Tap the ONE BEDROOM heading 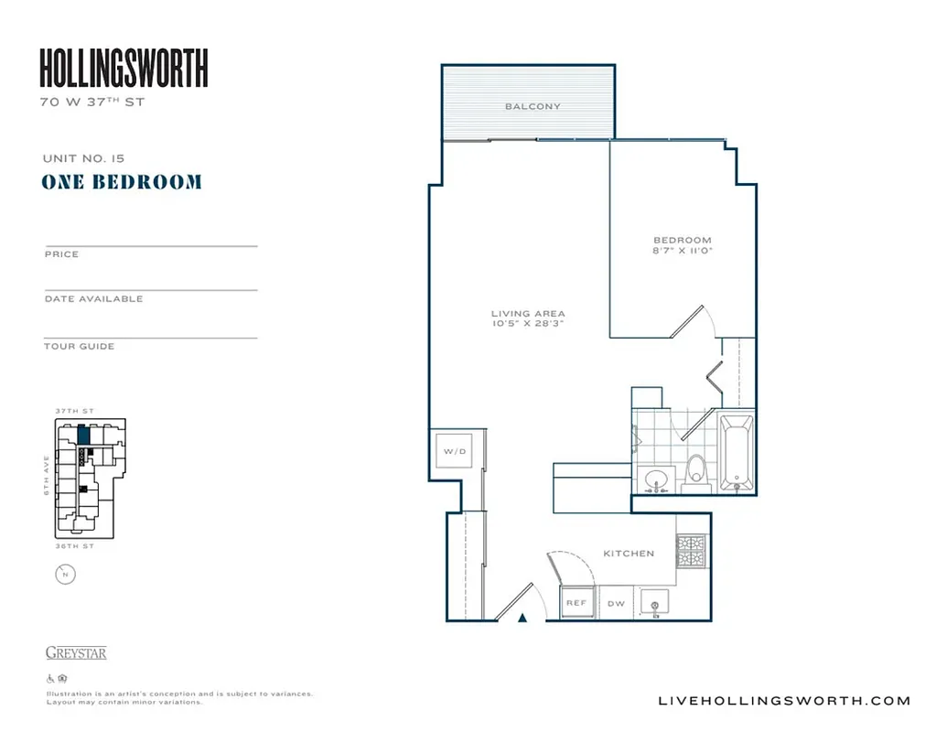pos(122,181)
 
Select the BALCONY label pos(533,106)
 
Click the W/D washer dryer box pos(455,451)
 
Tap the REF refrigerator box pos(576,603)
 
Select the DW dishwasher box pos(616,603)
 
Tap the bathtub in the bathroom pos(736,453)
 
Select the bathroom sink pos(656,479)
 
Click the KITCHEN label pos(629,554)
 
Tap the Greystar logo pos(76,653)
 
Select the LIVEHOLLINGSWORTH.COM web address pos(784,701)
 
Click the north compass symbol pos(66,575)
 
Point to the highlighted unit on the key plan pos(83,435)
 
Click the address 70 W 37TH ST pos(92,102)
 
